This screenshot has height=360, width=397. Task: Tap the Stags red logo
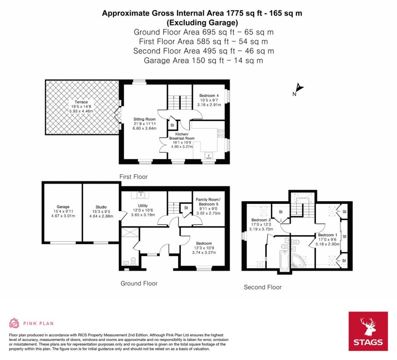coord(368,331)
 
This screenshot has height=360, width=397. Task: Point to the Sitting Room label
coord(145,119)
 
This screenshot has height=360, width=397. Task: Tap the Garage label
coord(63,207)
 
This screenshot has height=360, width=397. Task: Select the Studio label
coord(101,207)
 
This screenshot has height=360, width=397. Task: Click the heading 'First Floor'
coord(133,177)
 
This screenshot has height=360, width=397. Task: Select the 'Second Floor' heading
coord(262,287)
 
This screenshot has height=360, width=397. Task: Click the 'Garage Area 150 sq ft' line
coord(204,61)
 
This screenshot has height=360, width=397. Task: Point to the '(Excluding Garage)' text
coord(202,22)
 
